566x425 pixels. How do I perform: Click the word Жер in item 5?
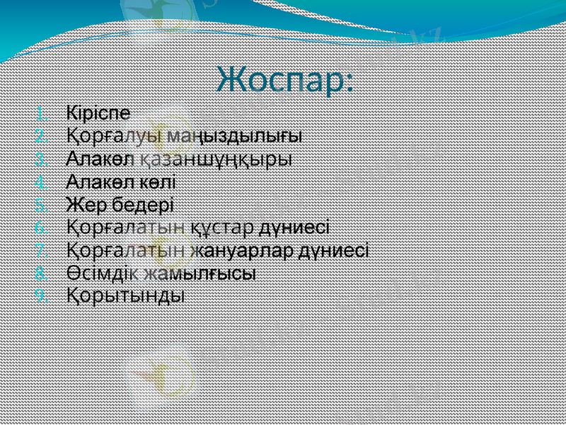(x=85, y=205)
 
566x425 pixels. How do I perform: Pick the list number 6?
(x=41, y=228)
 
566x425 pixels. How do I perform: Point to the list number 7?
(x=41, y=251)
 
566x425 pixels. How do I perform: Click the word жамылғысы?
(x=199, y=273)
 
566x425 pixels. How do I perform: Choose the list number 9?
(x=41, y=296)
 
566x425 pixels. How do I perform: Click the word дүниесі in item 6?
(x=295, y=227)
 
